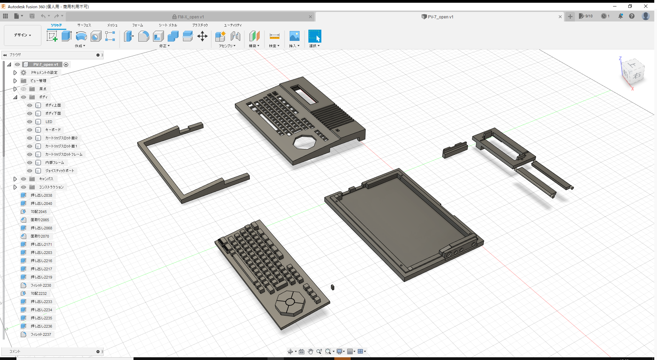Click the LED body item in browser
pyautogui.click(x=49, y=122)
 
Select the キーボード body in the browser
pyautogui.click(x=53, y=130)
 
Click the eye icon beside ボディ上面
pyautogui.click(x=30, y=105)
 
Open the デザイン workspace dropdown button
pyautogui.click(x=22, y=35)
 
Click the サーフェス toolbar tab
pyautogui.click(x=84, y=25)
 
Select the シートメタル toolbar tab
pyautogui.click(x=168, y=25)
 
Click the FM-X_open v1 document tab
pyautogui.click(x=190, y=17)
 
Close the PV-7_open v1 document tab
pyautogui.click(x=560, y=17)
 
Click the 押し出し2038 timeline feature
pyautogui.click(x=41, y=195)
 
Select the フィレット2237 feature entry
pyautogui.click(x=41, y=334)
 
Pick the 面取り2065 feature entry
pyautogui.click(x=40, y=220)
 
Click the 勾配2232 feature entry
pyautogui.click(x=39, y=294)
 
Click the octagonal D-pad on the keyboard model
pyautogui.click(x=290, y=302)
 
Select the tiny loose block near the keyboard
pyautogui.click(x=333, y=287)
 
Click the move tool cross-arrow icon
pyautogui.click(x=202, y=36)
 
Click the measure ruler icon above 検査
pyautogui.click(x=274, y=36)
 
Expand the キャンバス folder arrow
pyautogui.click(x=15, y=179)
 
